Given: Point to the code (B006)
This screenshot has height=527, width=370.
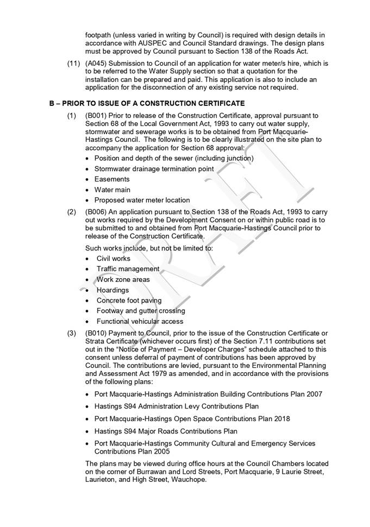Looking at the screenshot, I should click(96, 212).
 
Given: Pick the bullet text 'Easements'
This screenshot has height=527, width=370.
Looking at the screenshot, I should click(112, 179).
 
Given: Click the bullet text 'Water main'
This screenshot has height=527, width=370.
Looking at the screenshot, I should click(112, 190).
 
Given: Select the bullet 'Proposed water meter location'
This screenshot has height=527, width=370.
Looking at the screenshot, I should click(142, 200).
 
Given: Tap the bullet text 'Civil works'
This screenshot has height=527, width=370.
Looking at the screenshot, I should click(114, 259).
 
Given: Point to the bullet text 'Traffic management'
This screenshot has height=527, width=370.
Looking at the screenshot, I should click(128, 269).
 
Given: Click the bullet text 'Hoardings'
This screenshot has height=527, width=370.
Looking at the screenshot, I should click(112, 290).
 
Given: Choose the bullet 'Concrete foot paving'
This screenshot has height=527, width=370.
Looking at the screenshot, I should click(129, 300).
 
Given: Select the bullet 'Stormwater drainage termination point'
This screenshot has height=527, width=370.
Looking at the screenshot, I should click(154, 169).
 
